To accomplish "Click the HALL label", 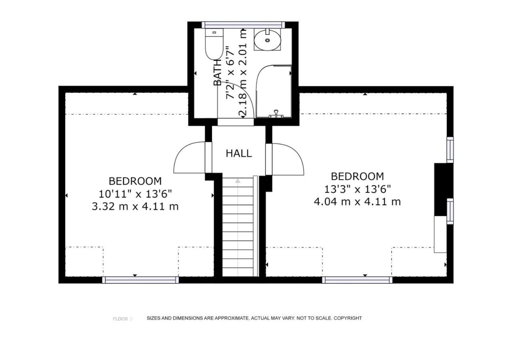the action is click(x=239, y=153).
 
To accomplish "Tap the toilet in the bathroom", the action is click(x=214, y=44).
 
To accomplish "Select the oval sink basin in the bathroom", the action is click(x=268, y=40).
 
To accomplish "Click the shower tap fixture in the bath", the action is click(x=276, y=114).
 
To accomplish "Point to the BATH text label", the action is click(x=217, y=73).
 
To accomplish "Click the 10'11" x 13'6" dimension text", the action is click(x=135, y=194).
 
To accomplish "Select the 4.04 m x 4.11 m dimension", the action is click(x=357, y=202).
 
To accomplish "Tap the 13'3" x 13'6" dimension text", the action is click(x=358, y=189).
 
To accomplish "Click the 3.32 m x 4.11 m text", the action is click(x=135, y=207).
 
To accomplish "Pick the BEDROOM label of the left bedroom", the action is click(x=135, y=181).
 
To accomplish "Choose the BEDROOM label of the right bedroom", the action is click(x=358, y=176).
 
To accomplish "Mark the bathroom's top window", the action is click(x=243, y=25).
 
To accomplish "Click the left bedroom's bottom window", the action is click(x=140, y=280).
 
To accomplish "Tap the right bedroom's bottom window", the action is click(x=357, y=280).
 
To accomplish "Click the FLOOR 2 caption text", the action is click(x=122, y=319).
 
